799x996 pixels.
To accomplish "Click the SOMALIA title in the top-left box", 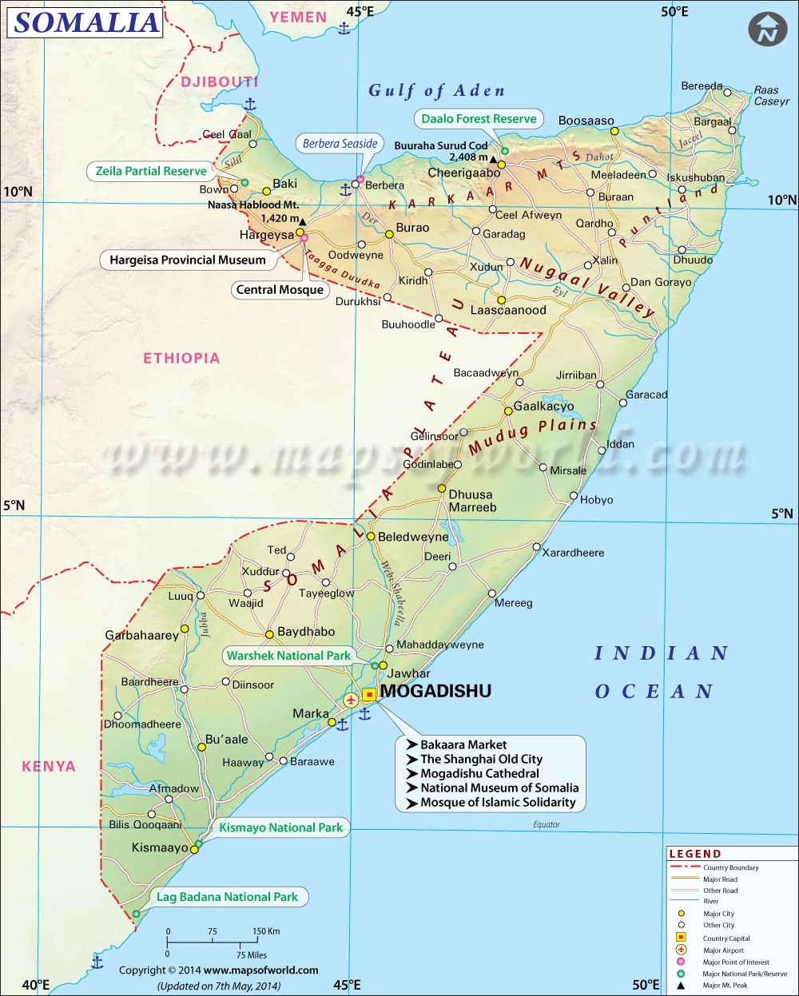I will click(86, 22).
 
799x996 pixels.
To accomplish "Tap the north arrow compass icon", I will click(767, 30).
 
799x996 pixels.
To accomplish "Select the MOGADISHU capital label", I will click(435, 692).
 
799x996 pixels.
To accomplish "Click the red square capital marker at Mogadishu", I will click(369, 695).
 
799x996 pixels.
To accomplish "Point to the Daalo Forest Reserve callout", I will click(479, 119).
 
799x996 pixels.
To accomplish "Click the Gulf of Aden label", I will click(436, 91).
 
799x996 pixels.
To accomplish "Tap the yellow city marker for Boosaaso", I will click(614, 131).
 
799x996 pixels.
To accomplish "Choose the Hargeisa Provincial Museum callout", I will click(188, 260).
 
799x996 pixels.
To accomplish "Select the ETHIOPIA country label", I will click(181, 359).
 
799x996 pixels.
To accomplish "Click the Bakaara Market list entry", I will click(463, 744).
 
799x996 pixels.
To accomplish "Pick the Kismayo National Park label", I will click(280, 827).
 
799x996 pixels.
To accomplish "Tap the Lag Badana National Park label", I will click(227, 897).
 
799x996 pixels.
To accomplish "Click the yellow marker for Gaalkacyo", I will click(508, 411).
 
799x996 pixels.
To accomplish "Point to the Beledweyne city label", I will click(413, 537).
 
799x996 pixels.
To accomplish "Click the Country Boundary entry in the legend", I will click(730, 867).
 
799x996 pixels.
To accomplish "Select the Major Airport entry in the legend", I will click(722, 950).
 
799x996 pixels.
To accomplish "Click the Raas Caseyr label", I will click(771, 96).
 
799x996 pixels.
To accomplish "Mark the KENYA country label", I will click(49, 767).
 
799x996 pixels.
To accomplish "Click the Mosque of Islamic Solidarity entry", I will click(498, 802).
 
